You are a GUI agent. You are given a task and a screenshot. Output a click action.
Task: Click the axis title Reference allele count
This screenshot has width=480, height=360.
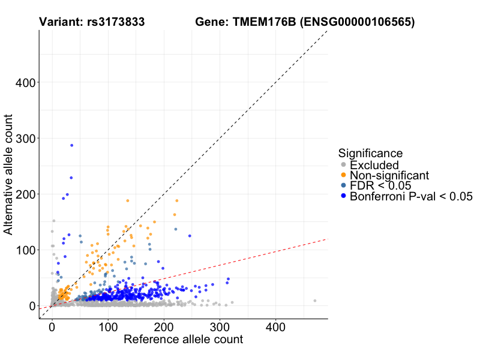click(x=183, y=340)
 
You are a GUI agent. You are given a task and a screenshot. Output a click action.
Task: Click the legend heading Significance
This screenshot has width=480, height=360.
click(x=370, y=153)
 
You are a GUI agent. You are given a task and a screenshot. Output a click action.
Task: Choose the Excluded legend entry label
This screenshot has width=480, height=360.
click(x=374, y=165)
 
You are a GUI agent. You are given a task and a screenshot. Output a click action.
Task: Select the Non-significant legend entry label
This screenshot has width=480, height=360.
click(x=389, y=175)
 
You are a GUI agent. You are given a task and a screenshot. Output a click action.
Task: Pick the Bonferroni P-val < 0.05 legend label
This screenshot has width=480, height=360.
click(x=412, y=196)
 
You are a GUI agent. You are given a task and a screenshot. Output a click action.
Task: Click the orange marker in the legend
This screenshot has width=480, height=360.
click(x=343, y=175)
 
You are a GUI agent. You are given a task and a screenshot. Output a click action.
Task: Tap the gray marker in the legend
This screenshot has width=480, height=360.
click(x=343, y=165)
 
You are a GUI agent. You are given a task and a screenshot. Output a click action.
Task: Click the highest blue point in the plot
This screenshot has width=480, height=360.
click(x=71, y=145)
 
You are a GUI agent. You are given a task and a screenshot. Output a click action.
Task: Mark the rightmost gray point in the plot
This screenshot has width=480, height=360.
click(x=314, y=301)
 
